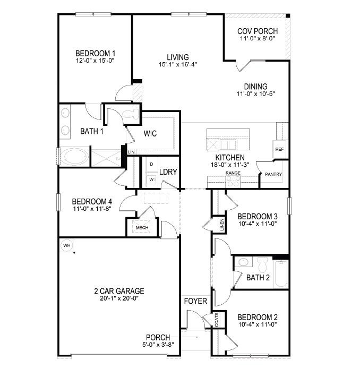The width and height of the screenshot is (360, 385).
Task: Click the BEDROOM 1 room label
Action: (95, 53)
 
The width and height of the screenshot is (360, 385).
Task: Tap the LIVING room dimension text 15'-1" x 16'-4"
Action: (178, 65)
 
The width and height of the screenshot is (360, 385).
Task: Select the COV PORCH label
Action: (257, 31)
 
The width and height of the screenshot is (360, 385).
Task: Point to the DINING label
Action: (255, 87)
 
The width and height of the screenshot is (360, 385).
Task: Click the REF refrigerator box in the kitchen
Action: (279, 149)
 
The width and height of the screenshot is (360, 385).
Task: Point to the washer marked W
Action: (151, 179)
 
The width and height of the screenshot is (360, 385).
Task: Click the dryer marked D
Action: (151, 165)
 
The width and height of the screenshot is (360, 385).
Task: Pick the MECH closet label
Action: (142, 228)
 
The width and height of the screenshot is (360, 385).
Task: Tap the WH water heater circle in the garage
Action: (66, 245)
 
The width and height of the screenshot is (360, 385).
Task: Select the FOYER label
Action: (195, 301)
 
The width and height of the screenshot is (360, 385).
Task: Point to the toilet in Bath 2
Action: (261, 263)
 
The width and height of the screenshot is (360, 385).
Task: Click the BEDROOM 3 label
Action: (257, 216)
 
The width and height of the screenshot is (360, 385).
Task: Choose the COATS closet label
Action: (217, 319)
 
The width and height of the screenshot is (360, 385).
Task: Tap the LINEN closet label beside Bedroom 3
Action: (221, 225)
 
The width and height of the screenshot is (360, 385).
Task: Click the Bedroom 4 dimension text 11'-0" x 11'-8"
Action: (92, 209)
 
